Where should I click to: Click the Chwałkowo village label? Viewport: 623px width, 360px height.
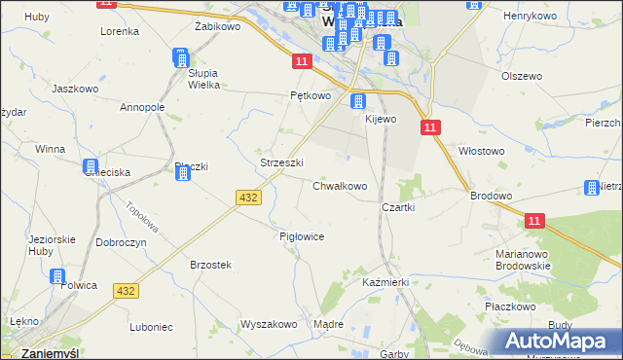click(x=340, y=186)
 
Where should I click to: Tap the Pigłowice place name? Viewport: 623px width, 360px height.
click(x=301, y=236)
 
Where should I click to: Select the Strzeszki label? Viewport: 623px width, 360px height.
click(x=282, y=162)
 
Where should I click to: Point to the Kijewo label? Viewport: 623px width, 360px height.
click(x=381, y=119)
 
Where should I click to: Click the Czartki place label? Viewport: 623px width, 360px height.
click(x=399, y=207)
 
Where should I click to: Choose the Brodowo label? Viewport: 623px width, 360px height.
click(x=491, y=196)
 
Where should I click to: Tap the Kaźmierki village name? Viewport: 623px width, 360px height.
click(x=385, y=281)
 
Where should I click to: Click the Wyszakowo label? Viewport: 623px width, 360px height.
click(x=269, y=325)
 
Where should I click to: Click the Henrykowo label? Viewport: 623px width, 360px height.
click(x=529, y=17)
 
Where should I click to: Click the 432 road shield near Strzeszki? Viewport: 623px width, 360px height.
click(x=247, y=198)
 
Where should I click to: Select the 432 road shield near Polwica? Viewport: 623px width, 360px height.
click(x=126, y=291)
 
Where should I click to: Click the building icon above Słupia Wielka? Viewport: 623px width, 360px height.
click(x=181, y=57)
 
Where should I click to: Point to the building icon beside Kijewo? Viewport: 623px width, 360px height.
click(x=358, y=101)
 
